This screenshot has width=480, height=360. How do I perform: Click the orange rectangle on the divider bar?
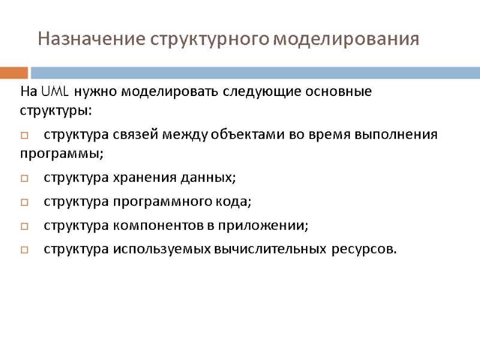click(14, 73)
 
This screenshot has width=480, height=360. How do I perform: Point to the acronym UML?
click(55, 92)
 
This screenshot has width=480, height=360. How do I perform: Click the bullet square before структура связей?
click(25, 135)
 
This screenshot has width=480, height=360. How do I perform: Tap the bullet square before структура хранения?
click(25, 178)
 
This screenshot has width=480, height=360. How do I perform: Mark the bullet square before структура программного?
click(25, 202)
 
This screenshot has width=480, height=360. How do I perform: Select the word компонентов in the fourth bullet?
click(154, 226)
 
